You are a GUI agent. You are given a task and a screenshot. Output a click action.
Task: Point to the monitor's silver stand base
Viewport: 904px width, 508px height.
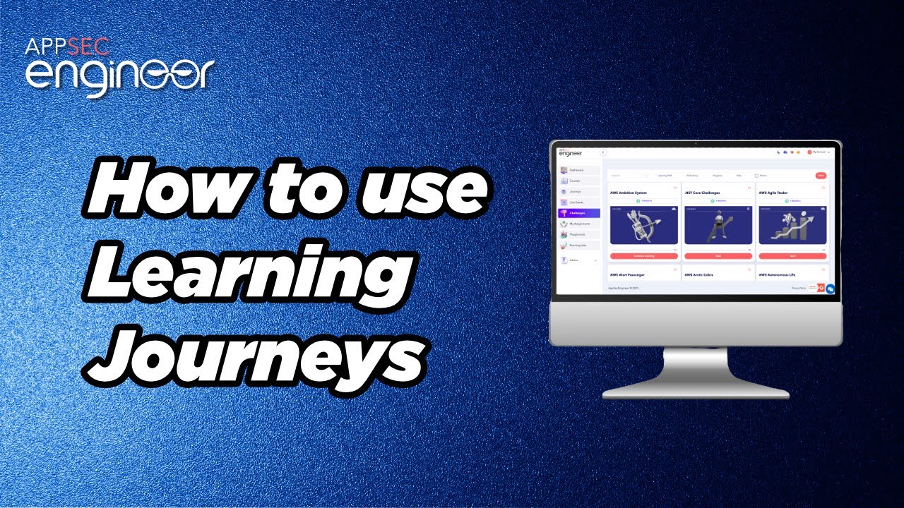[x=695, y=392]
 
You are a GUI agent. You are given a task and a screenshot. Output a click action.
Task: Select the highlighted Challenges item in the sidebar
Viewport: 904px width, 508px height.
[x=579, y=213]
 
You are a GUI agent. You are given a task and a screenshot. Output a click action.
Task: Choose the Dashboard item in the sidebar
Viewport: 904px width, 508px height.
[x=578, y=170]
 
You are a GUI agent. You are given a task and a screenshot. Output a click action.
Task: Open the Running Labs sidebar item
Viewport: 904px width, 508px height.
[x=579, y=245]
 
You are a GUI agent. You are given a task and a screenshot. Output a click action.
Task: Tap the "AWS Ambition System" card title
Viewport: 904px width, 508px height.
[x=628, y=192]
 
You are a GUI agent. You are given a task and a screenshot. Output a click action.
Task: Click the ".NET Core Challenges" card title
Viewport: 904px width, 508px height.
[x=703, y=192]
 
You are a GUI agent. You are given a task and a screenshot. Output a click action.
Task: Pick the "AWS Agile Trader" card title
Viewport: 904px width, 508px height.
[x=773, y=192]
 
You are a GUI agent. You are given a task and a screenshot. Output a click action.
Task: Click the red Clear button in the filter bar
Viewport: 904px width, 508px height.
[x=821, y=175]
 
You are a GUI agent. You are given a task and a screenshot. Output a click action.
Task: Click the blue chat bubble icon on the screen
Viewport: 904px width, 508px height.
[x=831, y=289]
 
